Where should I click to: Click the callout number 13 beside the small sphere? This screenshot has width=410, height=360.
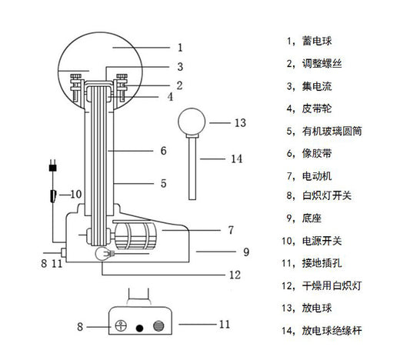coord(240,123)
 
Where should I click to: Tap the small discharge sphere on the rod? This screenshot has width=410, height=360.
coord(192,122)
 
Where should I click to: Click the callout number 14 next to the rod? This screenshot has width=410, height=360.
coord(236,159)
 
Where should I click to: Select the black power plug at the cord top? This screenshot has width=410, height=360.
coord(53,165)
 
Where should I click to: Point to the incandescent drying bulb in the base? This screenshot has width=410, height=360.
coord(102,253)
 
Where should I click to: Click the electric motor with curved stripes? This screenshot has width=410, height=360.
coord(135,235)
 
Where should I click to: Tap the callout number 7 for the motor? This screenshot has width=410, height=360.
coord(231,230)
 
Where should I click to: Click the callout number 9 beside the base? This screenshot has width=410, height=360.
coord(246,252)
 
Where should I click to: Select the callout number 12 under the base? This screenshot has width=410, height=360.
coord(235,275)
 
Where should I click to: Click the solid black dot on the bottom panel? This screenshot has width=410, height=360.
coord(140,328)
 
